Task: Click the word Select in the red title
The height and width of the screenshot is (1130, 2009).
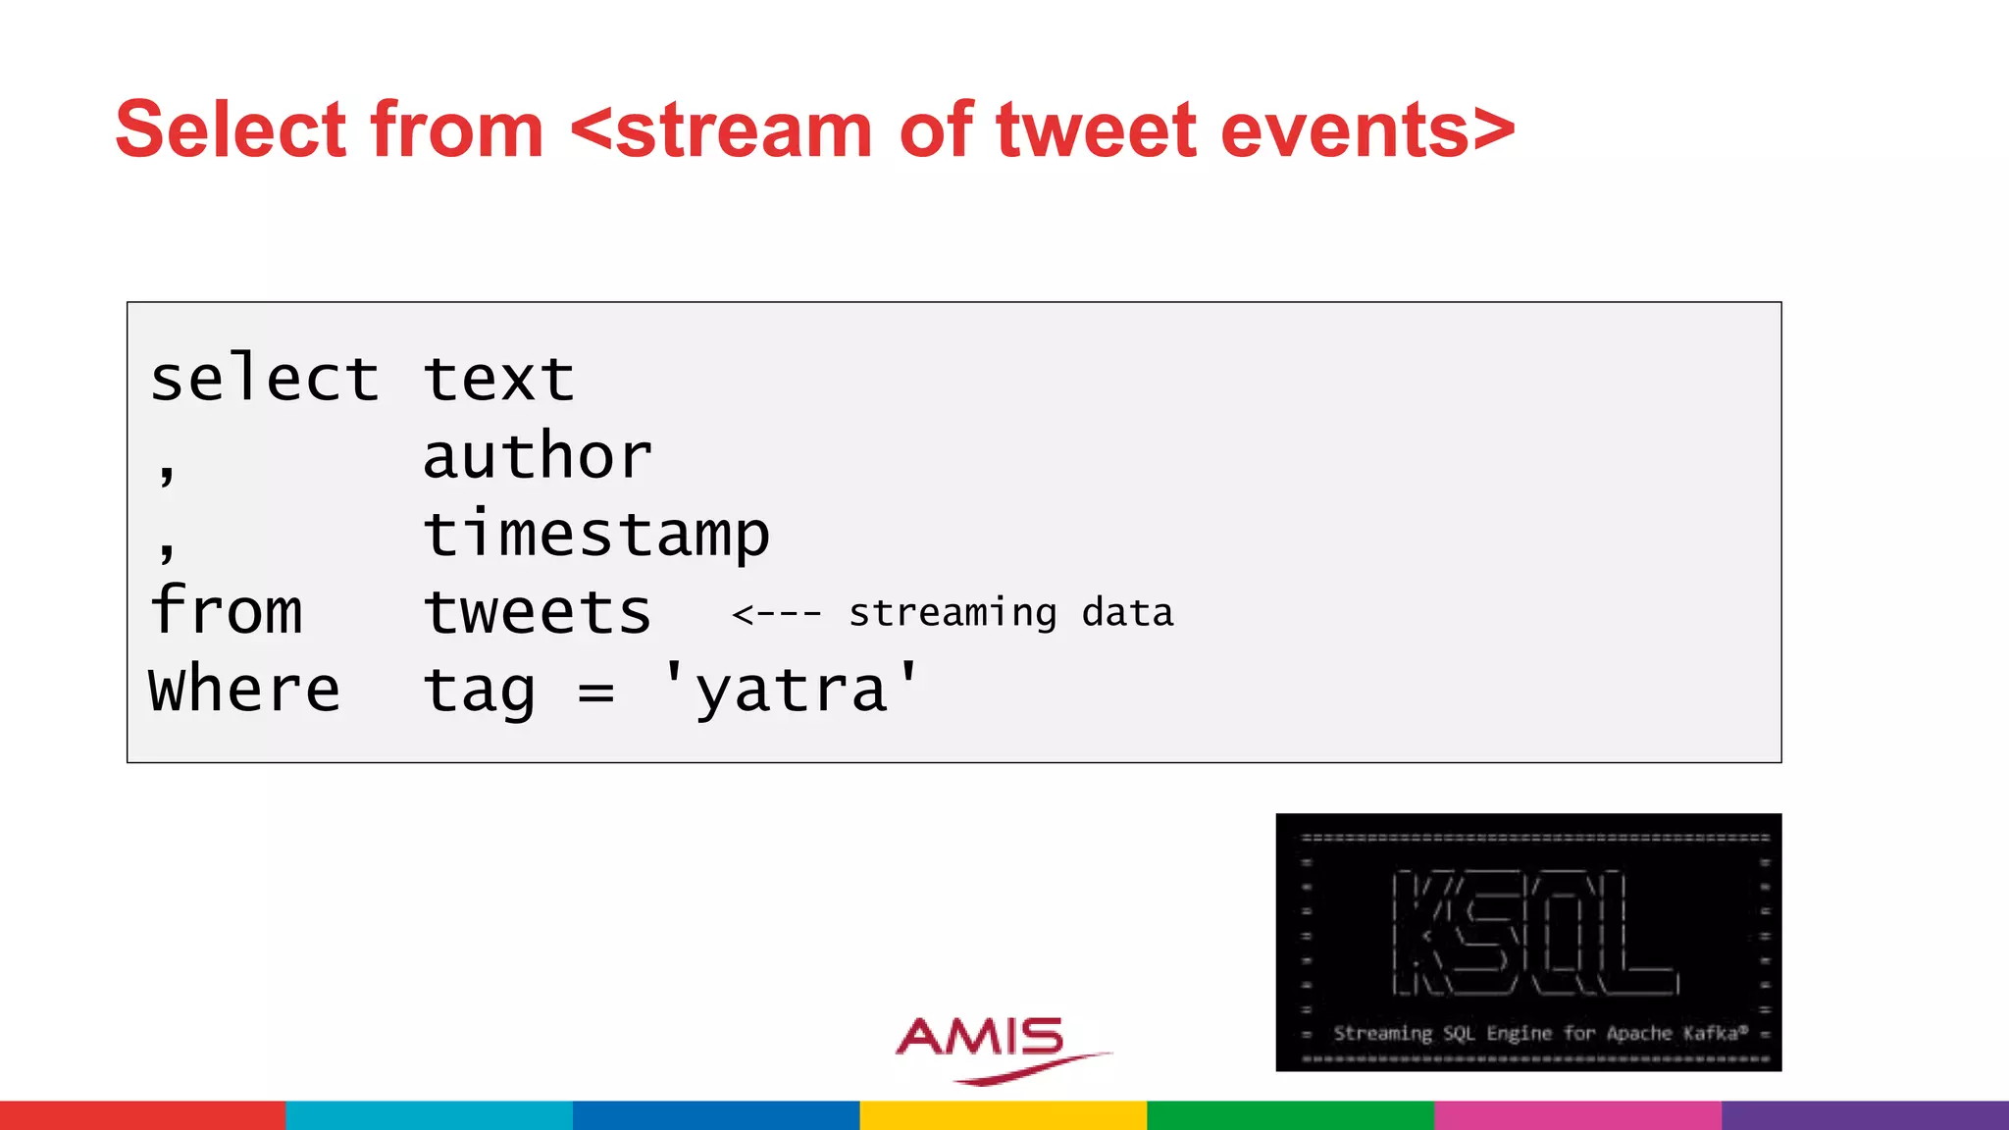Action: coord(232,129)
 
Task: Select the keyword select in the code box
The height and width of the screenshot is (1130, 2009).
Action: coord(264,380)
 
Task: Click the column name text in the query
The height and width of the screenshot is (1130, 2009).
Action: coord(498,380)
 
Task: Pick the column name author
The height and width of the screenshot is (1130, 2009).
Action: coord(538,457)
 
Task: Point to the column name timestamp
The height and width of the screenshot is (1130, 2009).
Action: coord(595,536)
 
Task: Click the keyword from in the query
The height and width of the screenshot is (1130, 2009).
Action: coord(226,611)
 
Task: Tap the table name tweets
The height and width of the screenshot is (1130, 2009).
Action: coord(538,613)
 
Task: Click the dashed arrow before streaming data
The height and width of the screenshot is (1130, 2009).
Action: coord(777,615)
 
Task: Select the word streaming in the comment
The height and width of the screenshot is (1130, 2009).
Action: coord(953,613)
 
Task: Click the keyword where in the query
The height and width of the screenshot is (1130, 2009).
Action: coord(244,690)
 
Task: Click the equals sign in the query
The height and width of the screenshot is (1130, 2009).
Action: coord(595,693)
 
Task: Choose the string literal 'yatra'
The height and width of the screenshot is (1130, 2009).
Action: coord(791,690)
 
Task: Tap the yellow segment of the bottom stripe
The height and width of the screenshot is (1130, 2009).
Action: coord(1003,1115)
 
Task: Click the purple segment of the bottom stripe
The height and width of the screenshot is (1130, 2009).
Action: coord(1864,1115)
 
